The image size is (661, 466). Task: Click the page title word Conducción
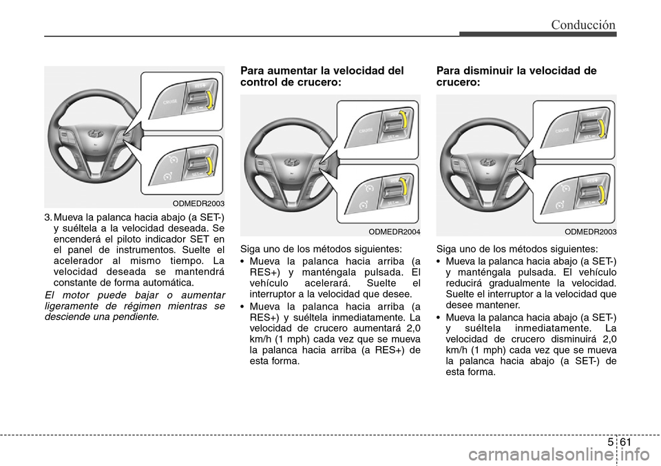(583, 25)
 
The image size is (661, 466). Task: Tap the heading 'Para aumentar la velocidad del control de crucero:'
(322, 77)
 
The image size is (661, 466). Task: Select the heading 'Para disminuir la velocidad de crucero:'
(516, 77)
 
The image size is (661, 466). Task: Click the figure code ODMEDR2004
(394, 232)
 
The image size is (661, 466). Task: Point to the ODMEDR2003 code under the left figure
(198, 203)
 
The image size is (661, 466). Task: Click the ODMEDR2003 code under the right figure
(590, 232)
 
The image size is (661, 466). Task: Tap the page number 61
(626, 443)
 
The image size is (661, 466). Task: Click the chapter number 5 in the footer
(611, 443)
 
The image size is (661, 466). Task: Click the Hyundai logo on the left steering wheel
(96, 134)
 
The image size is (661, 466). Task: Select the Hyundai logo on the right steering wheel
(487, 162)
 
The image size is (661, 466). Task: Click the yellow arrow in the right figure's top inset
(602, 129)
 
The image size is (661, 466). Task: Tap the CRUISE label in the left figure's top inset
(170, 103)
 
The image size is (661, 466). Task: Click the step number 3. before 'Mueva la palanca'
(48, 218)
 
